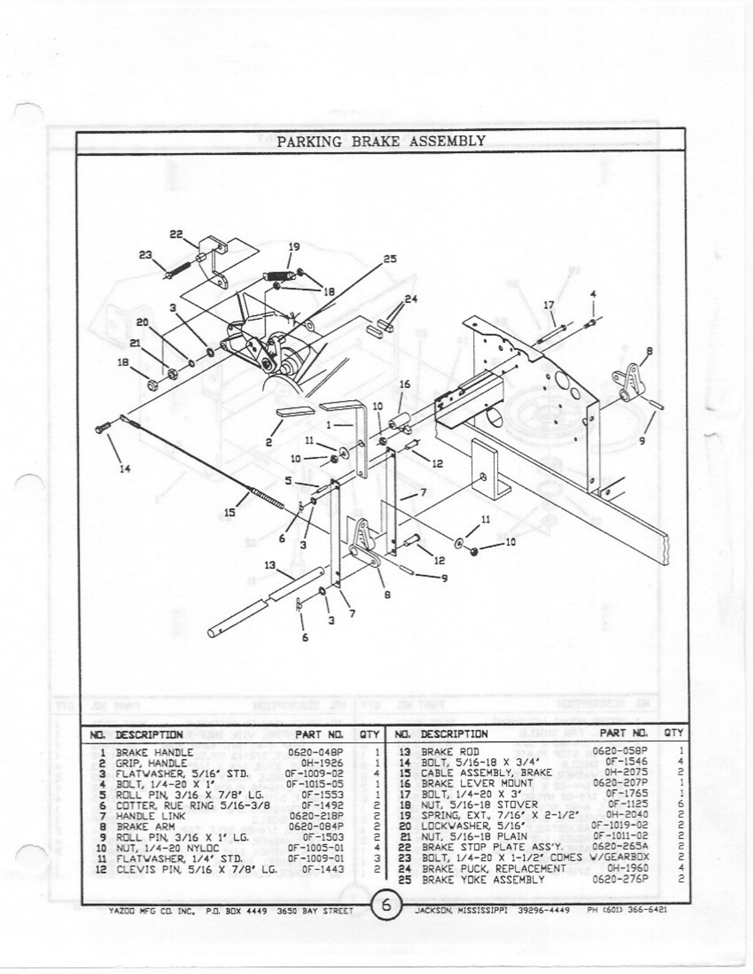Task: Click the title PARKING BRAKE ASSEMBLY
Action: tap(381, 141)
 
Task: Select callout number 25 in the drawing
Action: tap(390, 259)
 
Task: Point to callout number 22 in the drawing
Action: tap(177, 234)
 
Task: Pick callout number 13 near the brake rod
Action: tap(270, 565)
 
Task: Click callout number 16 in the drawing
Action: tap(404, 384)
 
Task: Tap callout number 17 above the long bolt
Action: tap(549, 304)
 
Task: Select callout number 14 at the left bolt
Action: tap(125, 469)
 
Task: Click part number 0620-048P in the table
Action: tap(316, 751)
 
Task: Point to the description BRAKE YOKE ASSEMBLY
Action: tap(483, 879)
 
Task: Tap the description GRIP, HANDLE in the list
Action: tap(151, 762)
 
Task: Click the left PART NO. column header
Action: tap(319, 734)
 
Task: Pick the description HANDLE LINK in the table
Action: tap(146, 816)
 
